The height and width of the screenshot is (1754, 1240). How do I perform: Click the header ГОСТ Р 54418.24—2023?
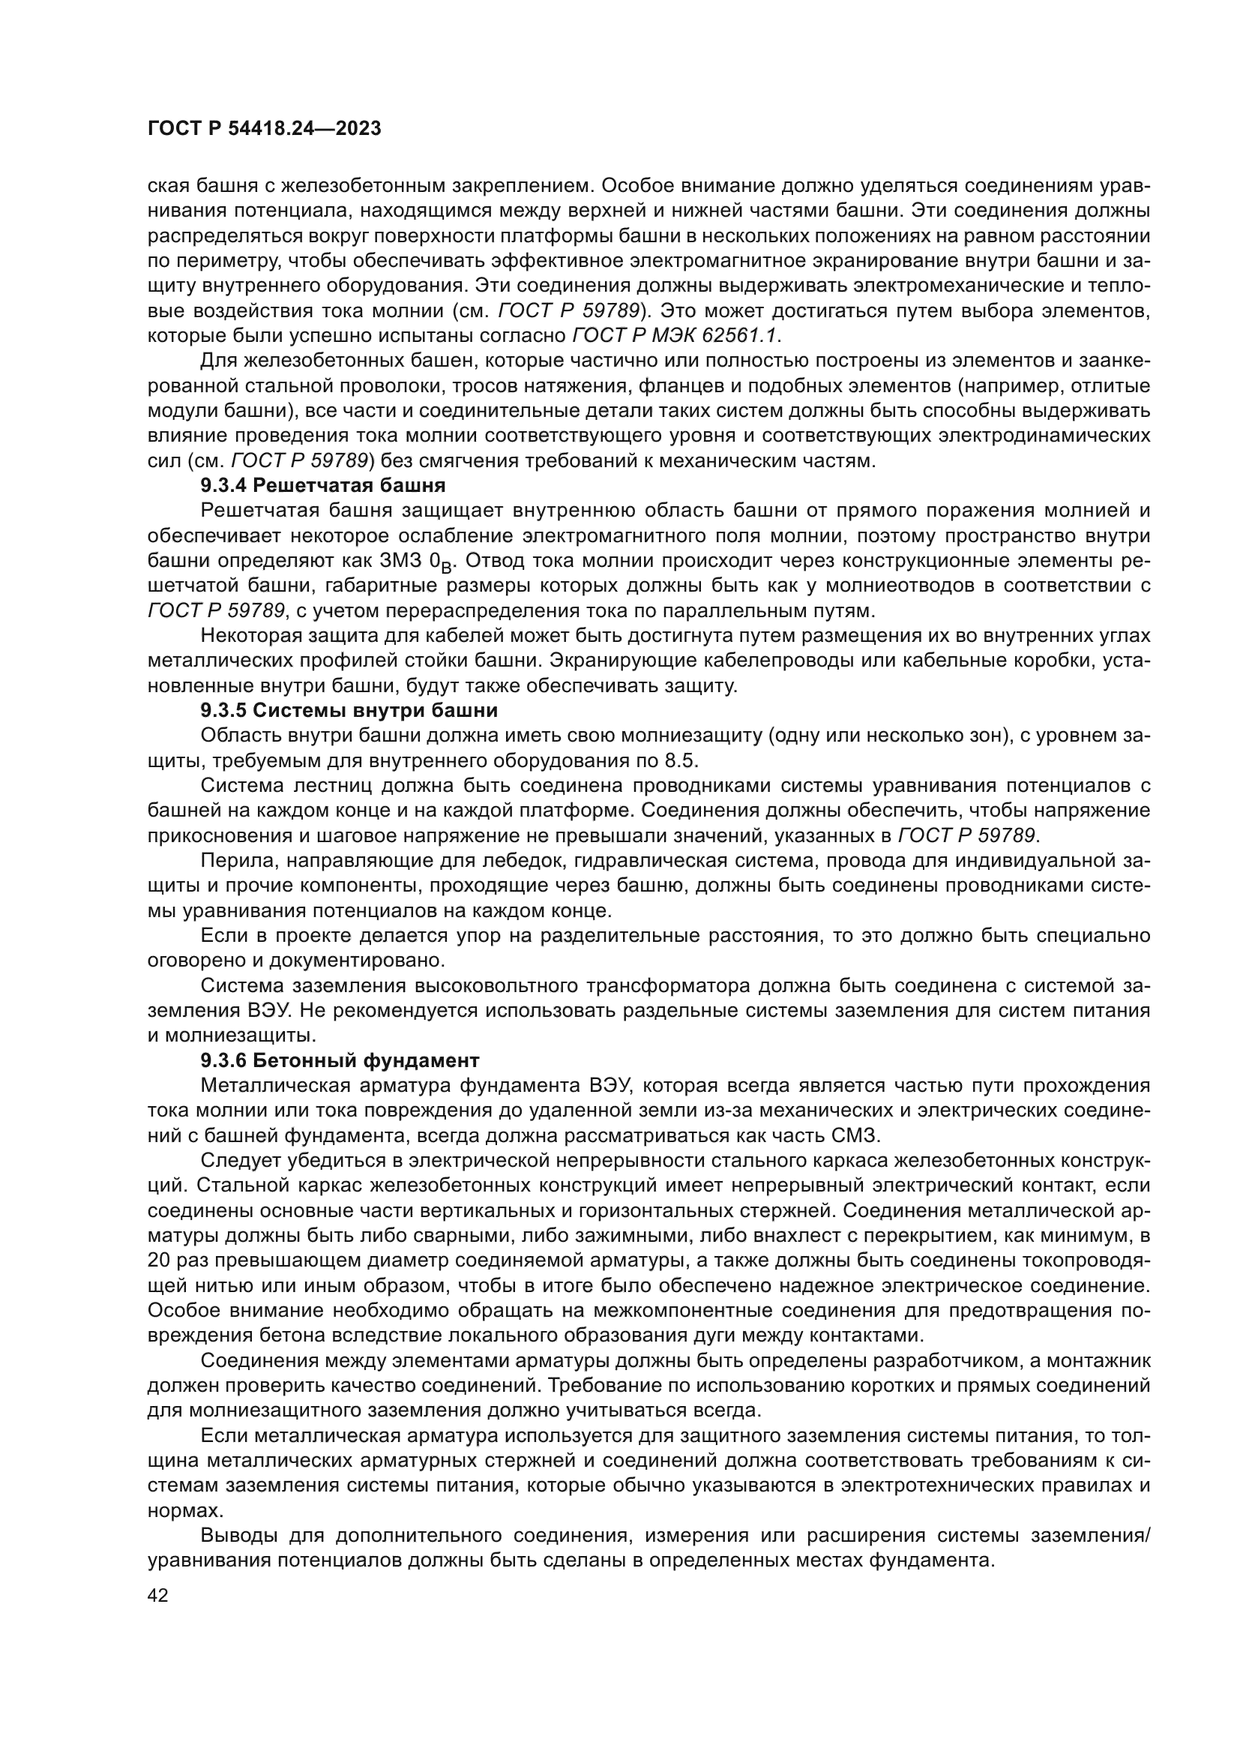click(x=263, y=129)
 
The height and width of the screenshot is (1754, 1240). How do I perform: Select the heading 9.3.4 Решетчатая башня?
click(x=323, y=485)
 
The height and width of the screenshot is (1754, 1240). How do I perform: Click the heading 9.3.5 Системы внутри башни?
click(x=349, y=710)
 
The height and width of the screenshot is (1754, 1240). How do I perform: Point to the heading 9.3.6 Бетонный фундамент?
click(x=340, y=1060)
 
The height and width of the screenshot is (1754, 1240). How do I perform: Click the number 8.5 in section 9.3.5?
click(x=684, y=761)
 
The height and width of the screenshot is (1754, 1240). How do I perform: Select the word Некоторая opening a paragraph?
click(x=255, y=636)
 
